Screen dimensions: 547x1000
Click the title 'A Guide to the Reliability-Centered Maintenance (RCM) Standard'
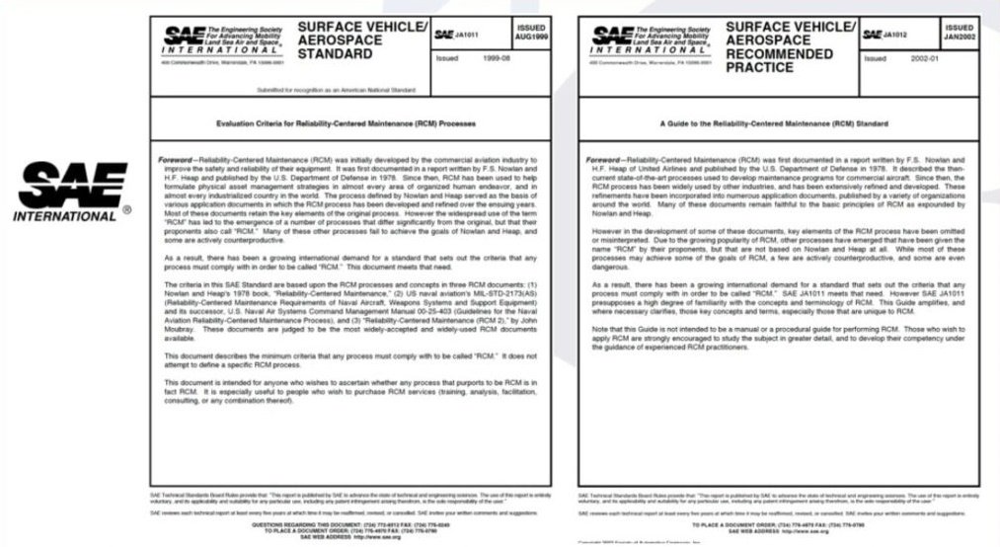774,124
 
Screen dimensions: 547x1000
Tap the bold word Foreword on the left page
176,159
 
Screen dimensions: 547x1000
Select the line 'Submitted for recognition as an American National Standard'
328,90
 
